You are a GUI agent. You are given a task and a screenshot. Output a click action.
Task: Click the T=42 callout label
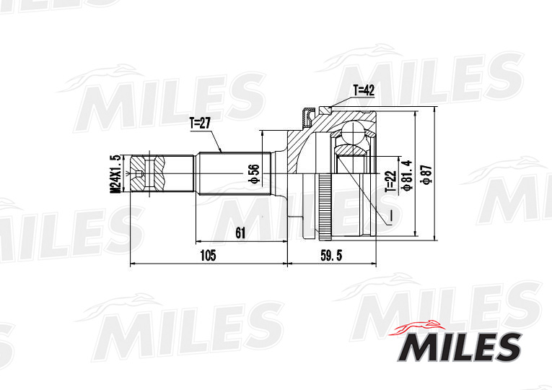(365, 90)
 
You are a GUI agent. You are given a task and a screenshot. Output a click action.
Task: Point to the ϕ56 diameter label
(253, 174)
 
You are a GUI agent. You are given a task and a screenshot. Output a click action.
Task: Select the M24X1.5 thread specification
(114, 174)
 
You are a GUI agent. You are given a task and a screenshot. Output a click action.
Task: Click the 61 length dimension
(240, 233)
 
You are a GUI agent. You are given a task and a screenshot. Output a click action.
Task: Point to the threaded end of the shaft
(144, 174)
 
